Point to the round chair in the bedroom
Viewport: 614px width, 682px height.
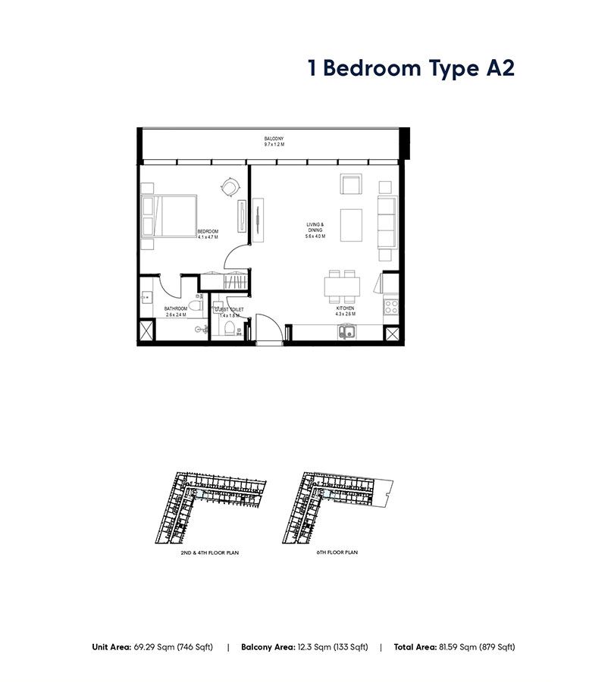(x=230, y=185)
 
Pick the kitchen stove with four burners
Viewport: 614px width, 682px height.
(x=391, y=307)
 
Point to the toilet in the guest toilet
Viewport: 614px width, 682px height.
(x=230, y=327)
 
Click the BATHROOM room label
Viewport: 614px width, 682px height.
(x=176, y=309)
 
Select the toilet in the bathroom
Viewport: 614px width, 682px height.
(x=196, y=307)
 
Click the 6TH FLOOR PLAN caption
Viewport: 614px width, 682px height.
(x=337, y=553)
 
